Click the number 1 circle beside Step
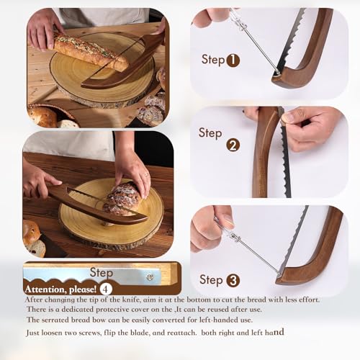coord(233,60)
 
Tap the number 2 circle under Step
coord(233,145)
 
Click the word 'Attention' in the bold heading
coord(44,287)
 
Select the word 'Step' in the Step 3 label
coord(211,279)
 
